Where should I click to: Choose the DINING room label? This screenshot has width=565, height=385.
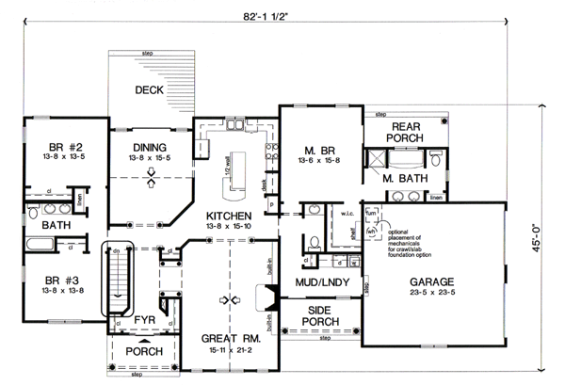coord(150,148)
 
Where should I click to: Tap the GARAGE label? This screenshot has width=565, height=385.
coord(434,281)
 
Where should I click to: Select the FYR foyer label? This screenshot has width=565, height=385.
coord(143,320)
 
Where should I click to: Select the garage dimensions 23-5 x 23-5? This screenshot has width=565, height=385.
coord(434,294)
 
